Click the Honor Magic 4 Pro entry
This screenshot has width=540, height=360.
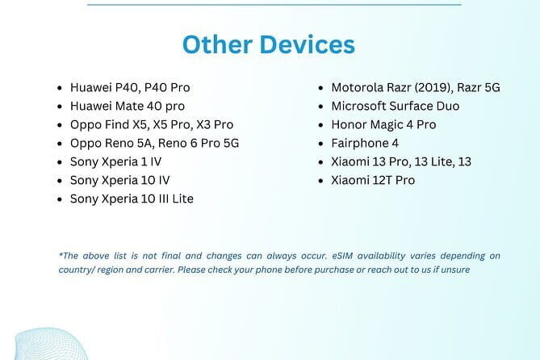pyautogui.click(x=383, y=124)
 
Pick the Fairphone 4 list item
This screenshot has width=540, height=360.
pyautogui.click(x=365, y=143)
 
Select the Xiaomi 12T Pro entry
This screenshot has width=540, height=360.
pyautogui.click(x=373, y=180)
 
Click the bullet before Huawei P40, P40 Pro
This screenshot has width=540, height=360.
pyautogui.click(x=61, y=88)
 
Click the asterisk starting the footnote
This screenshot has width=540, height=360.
pyautogui.click(x=61, y=255)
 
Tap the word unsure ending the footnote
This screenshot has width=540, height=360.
pyautogui.click(x=454, y=270)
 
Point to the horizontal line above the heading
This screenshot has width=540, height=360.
pyautogui.click(x=274, y=4)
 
